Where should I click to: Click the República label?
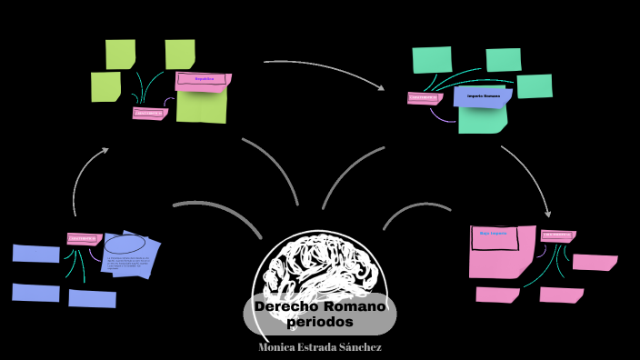[x=204, y=79]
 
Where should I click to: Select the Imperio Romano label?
[x=484, y=95]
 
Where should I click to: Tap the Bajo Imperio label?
[x=493, y=234]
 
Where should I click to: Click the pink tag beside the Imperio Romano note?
[x=424, y=97]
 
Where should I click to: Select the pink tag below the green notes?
[x=149, y=114]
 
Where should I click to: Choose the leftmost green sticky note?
[x=105, y=86]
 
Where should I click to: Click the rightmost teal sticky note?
[x=535, y=85]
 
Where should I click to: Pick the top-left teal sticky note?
[x=432, y=59]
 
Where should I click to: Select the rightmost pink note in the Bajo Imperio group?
[x=595, y=263]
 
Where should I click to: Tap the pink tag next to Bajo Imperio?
[x=557, y=235]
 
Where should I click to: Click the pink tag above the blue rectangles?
[x=83, y=239]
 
